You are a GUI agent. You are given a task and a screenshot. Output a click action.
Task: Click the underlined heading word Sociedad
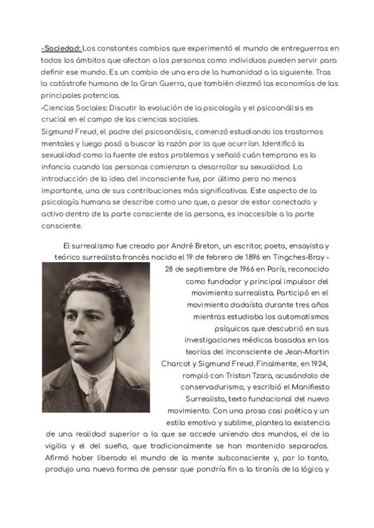[x=61, y=48]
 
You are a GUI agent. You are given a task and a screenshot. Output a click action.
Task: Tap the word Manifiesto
[x=307, y=387]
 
